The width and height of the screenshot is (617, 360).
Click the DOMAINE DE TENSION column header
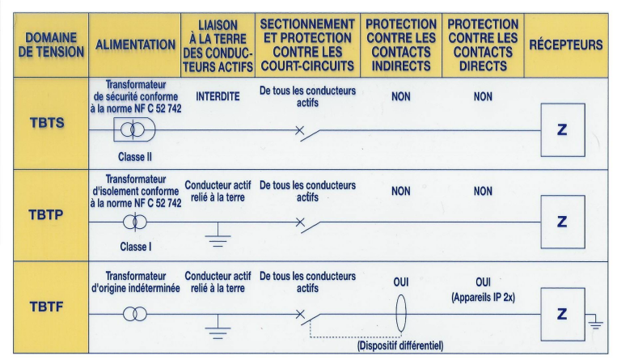coord(51,44)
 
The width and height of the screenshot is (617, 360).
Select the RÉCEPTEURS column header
coord(565,44)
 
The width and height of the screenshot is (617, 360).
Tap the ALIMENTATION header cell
coord(135,44)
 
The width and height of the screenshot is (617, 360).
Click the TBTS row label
coord(47,123)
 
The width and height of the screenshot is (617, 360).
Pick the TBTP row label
coord(46,214)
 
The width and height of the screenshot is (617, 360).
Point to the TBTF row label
coord(46,307)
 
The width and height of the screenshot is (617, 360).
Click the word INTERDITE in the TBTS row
coord(218,96)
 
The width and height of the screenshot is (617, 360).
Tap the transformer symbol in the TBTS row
coord(134,129)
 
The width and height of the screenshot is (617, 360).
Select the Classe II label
coord(134,157)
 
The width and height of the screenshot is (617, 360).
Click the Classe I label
coord(135,247)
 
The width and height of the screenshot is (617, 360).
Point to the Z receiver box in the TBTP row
coord(563,222)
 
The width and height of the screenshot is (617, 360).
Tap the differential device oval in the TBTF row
coord(401,314)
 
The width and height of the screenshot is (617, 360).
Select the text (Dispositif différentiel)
coord(400,345)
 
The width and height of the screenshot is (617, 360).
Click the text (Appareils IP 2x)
coord(483,297)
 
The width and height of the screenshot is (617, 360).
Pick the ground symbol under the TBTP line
coord(218,235)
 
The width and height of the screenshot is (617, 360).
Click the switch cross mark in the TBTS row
coord(299,129)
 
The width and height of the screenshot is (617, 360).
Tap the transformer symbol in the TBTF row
coord(135,314)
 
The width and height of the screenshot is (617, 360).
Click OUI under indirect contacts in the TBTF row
coord(401,282)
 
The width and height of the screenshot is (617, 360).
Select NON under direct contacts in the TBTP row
coord(483,191)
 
